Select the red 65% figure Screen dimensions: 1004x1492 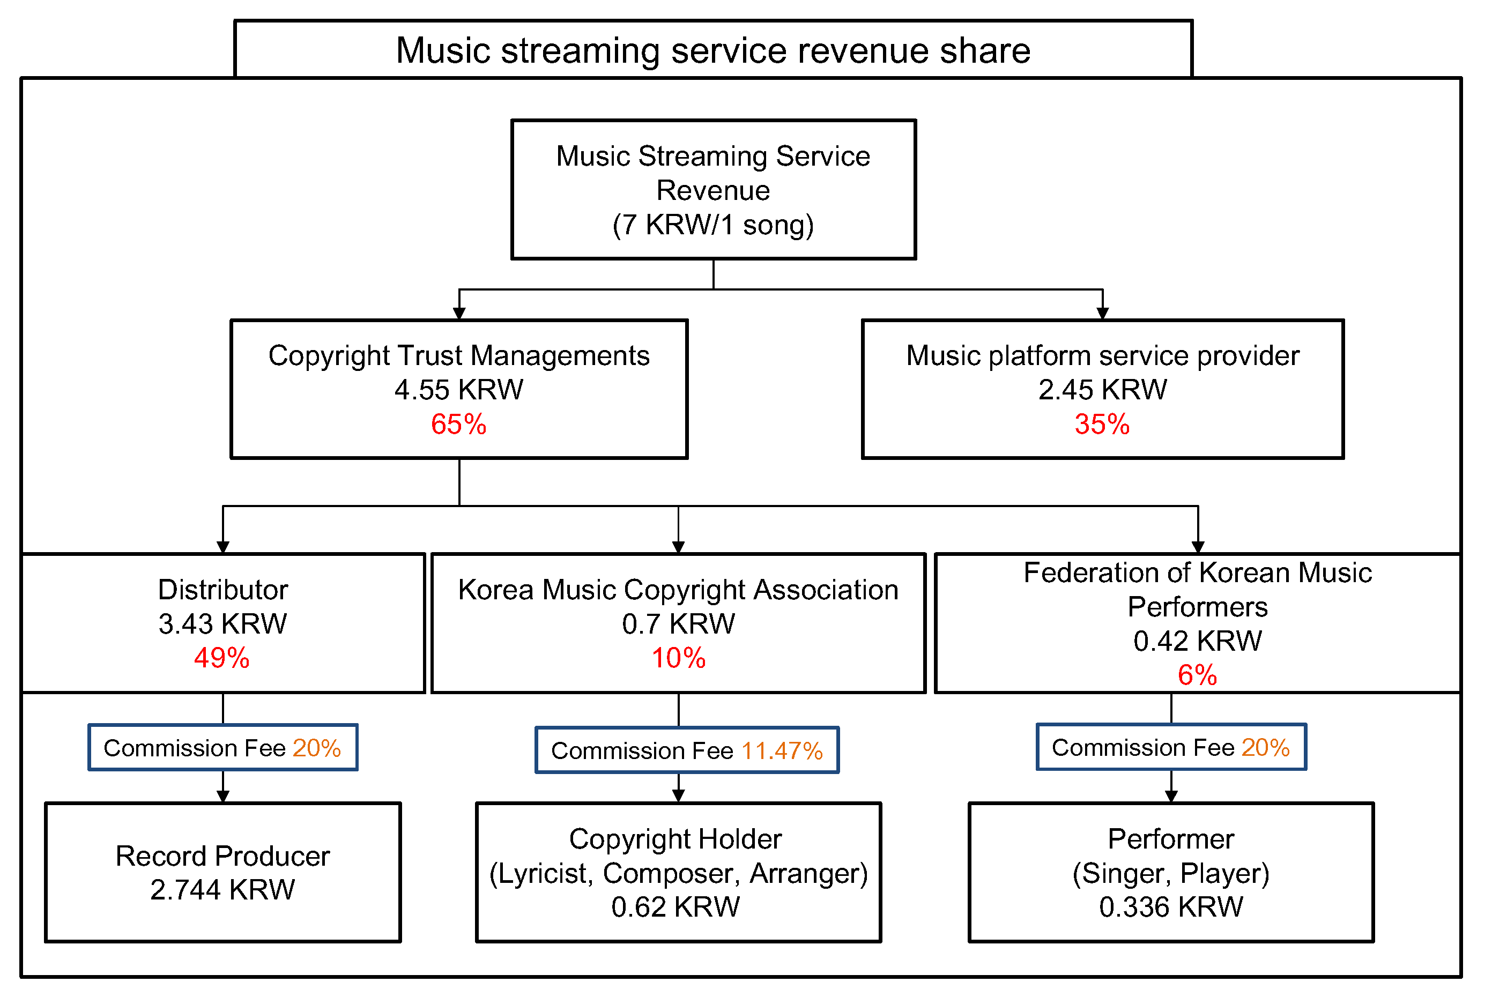click(x=458, y=424)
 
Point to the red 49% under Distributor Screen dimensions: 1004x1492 click(x=221, y=658)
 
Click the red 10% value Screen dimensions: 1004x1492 click(x=678, y=658)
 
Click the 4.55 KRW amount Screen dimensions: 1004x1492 click(x=458, y=389)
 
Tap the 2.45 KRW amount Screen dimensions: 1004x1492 click(x=1102, y=389)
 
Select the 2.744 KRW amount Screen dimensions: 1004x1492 click(x=222, y=889)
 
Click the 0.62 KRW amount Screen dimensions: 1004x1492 click(x=675, y=906)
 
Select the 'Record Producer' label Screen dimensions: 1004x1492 click(x=222, y=856)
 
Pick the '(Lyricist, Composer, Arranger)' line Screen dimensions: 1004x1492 click(x=678, y=873)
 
